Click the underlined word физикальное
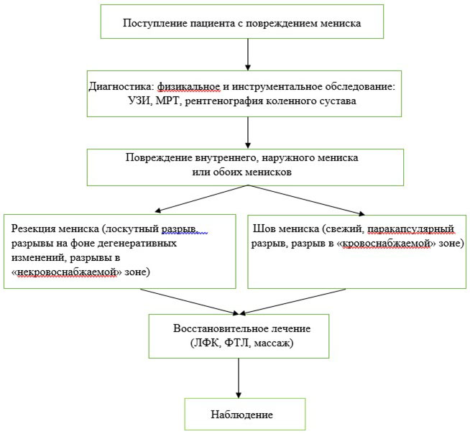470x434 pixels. coord(189,87)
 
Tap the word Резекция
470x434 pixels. coord(34,228)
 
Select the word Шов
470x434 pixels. coord(262,228)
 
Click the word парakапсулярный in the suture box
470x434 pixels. coord(410,228)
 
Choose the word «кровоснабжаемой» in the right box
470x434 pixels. coord(387,244)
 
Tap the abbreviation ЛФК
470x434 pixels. coord(206,343)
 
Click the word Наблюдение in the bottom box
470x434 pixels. coord(242,415)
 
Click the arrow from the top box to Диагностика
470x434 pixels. coord(248,55)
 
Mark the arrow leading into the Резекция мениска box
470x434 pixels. coord(201,199)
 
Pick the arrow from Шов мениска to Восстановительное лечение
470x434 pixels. coord(292,302)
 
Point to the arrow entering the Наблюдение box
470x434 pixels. coord(239,378)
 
